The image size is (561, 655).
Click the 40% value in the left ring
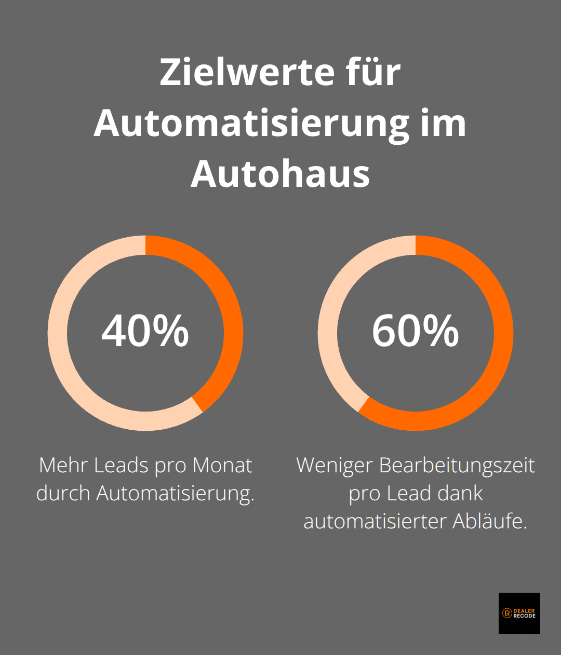[x=145, y=331]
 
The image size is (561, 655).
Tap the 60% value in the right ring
[x=415, y=331]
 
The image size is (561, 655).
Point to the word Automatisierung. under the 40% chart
[x=175, y=493]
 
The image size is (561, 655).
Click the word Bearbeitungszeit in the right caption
[x=457, y=466]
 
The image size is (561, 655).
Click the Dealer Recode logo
[x=519, y=613]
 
